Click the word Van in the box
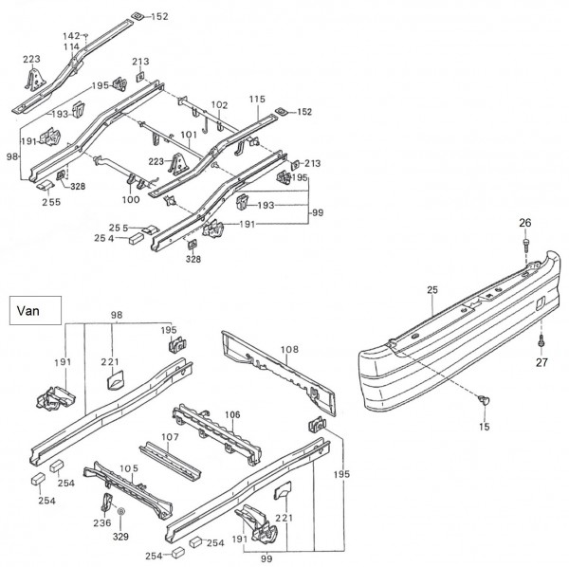coord(28,311)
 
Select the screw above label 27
coord(541,340)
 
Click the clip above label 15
coord(484,400)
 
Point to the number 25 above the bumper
coord(432,290)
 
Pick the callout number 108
coord(289,349)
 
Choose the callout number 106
coord(232,414)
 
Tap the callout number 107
coord(170,437)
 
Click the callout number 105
coord(129,468)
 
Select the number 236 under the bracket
coord(102,522)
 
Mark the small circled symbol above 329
coord(120,511)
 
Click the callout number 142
coord(71,36)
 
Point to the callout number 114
coord(71,46)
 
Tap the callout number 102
coord(219,105)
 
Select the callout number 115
coord(257,99)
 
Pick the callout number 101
coord(189,135)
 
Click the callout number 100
coord(131,199)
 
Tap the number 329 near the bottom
coord(120,537)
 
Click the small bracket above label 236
coord(107,502)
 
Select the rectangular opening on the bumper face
coord(540,303)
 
